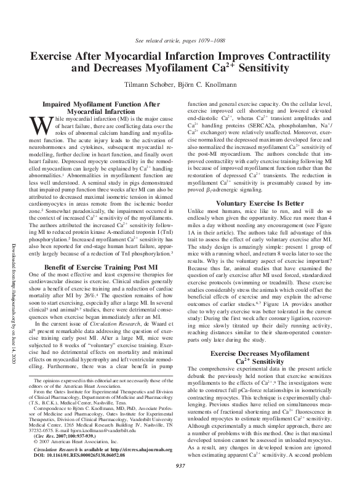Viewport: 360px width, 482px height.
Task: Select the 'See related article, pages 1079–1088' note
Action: (180, 41)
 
